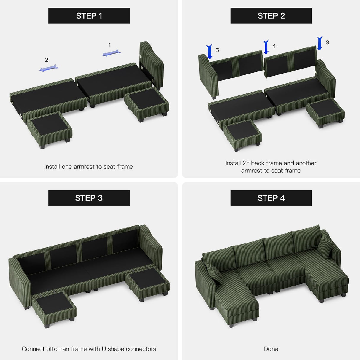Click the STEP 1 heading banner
(89, 16)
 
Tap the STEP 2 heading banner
(271, 16)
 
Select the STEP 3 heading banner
(89, 198)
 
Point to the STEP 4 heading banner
(271, 198)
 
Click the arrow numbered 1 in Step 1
(111, 53)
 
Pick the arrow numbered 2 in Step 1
(49, 68)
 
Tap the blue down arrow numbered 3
(320, 43)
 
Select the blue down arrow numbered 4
(266, 47)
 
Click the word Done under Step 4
(271, 349)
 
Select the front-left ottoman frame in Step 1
(50, 129)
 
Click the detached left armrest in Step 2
(208, 75)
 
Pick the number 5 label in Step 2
(217, 50)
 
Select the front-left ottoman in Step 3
(54, 307)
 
